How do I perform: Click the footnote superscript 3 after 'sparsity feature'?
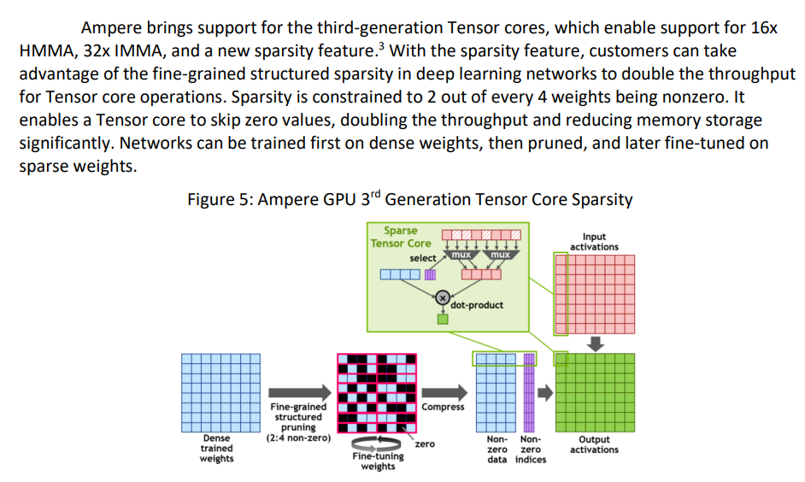pyautogui.click(x=376, y=46)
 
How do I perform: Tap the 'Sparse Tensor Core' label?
pyautogui.click(x=401, y=237)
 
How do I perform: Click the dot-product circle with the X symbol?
pyautogui.click(x=443, y=297)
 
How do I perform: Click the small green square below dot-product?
pyautogui.click(x=443, y=320)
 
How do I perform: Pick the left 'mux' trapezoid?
pyautogui.click(x=461, y=255)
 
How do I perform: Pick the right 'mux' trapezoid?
pyautogui.click(x=500, y=255)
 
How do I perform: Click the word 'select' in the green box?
pyautogui.click(x=423, y=257)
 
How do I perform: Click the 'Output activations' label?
pyautogui.click(x=594, y=444)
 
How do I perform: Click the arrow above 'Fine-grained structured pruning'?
pyautogui.click(x=298, y=391)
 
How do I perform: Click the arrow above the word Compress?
pyautogui.click(x=444, y=391)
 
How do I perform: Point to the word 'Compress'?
pyautogui.click(x=443, y=407)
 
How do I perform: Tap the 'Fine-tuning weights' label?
pyautogui.click(x=378, y=461)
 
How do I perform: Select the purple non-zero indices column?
pyautogui.click(x=528, y=392)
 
